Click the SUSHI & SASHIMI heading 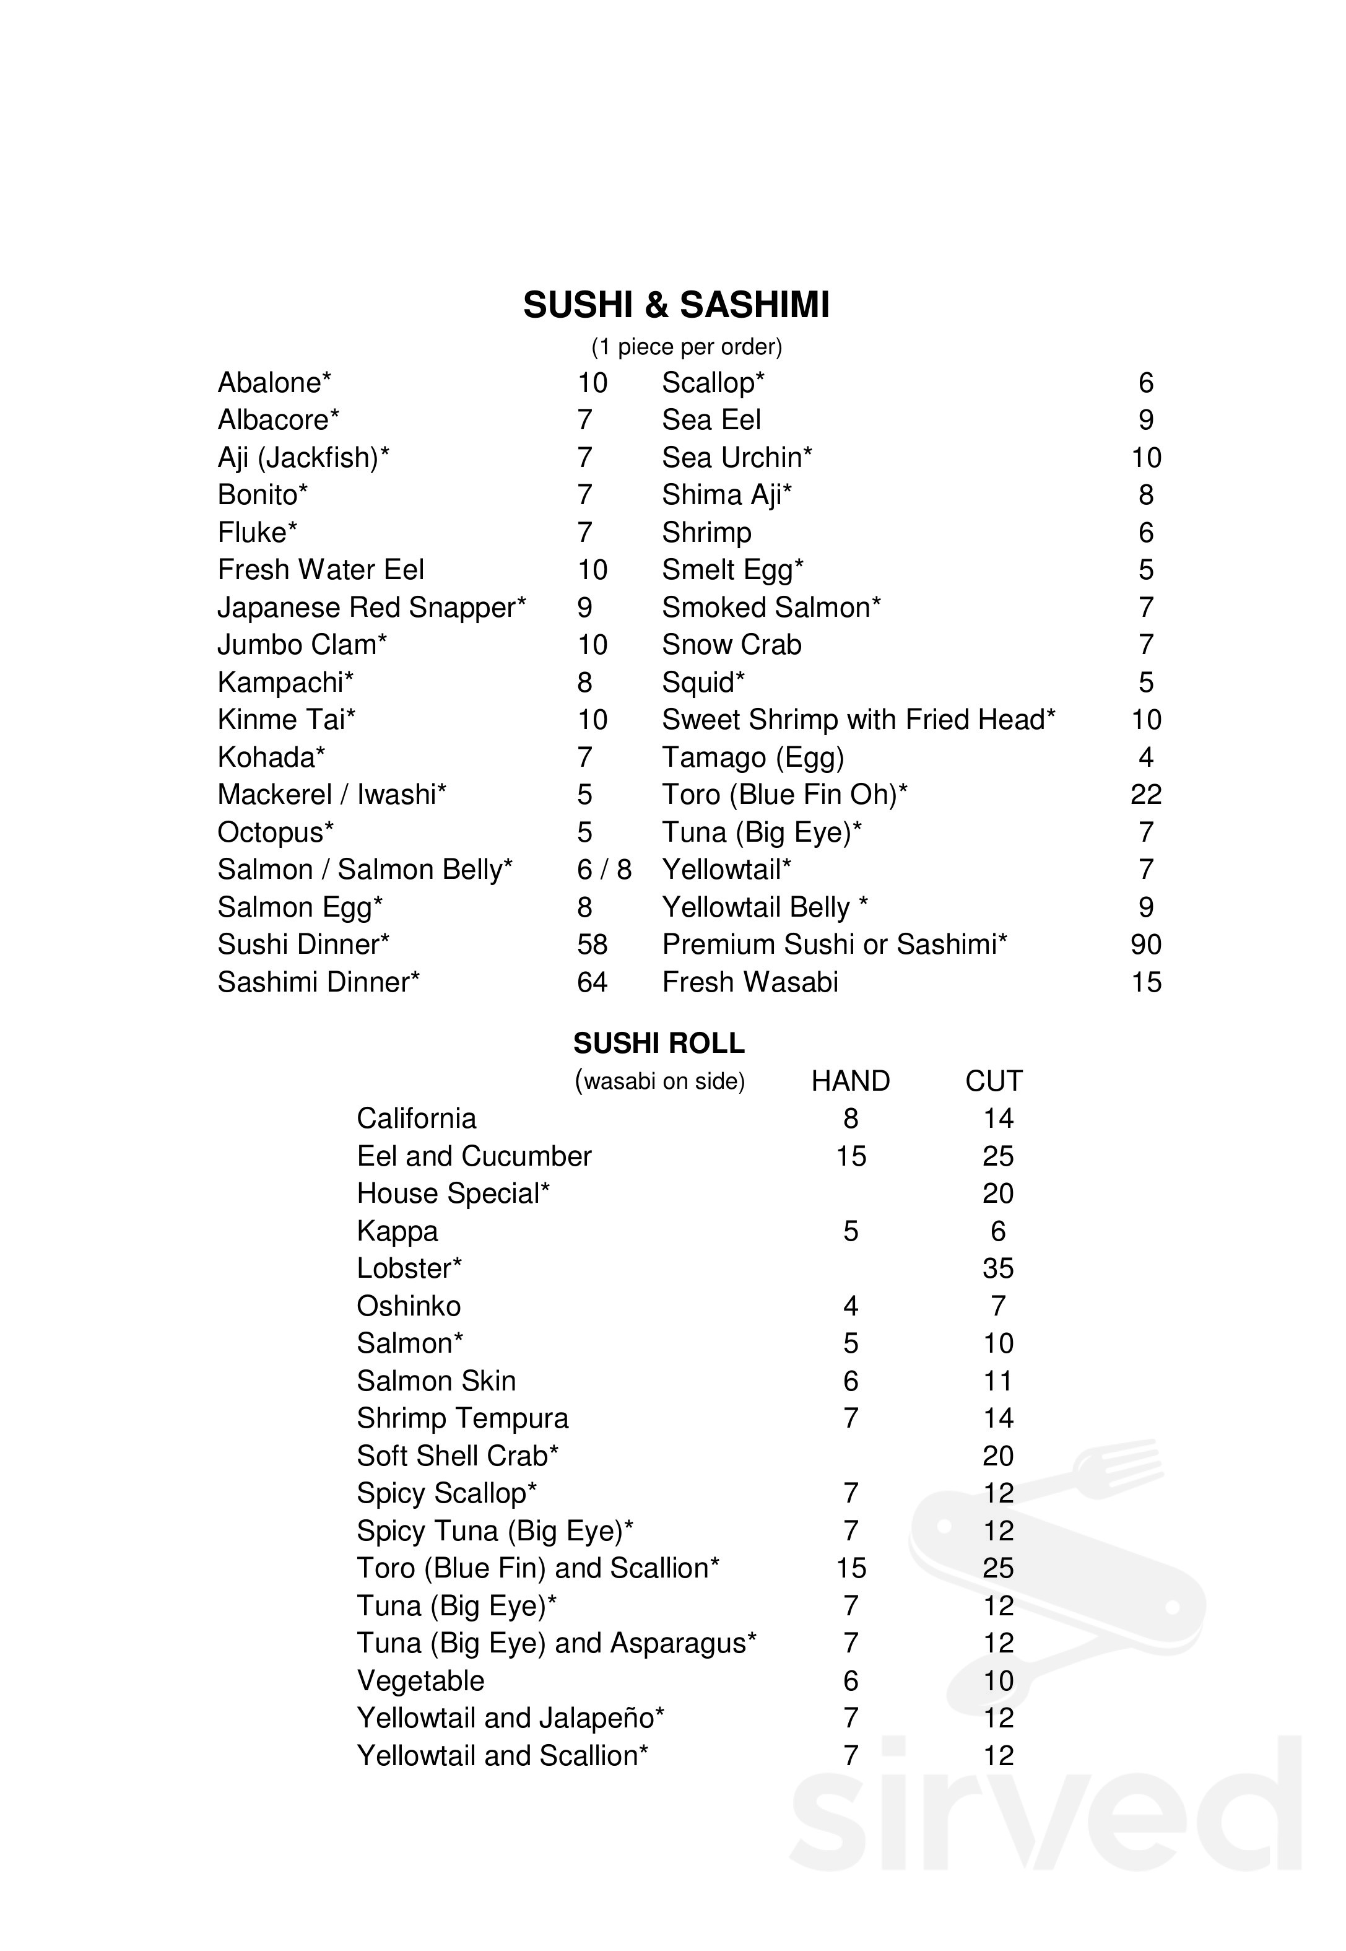[x=675, y=305]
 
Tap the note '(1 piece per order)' [x=687, y=347]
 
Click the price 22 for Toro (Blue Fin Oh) [x=1145, y=795]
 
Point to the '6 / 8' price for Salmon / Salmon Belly [x=604, y=870]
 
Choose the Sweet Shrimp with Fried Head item [x=858, y=720]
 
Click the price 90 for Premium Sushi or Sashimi [x=1145, y=945]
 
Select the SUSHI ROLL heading [x=659, y=1044]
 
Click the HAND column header [x=850, y=1081]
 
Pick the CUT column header [x=994, y=1081]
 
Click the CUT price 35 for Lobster [x=997, y=1268]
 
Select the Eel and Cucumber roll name [x=474, y=1156]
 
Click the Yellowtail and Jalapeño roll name [x=510, y=1718]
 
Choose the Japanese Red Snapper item [x=371, y=608]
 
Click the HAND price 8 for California [x=850, y=1119]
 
